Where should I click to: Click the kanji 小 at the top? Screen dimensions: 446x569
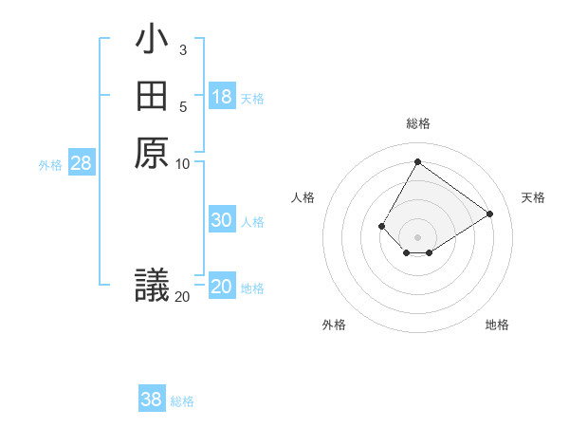click(x=152, y=41)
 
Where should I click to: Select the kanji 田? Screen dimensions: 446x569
click(x=152, y=97)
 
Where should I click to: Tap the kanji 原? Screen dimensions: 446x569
click(x=152, y=153)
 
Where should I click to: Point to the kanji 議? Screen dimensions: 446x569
click(x=152, y=285)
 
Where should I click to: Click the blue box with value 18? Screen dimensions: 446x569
click(x=222, y=97)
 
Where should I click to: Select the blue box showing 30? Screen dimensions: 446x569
click(x=222, y=220)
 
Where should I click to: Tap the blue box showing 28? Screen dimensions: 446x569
click(x=82, y=163)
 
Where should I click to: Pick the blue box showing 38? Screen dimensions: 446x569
click(x=152, y=400)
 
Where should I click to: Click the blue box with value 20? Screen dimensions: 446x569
click(x=222, y=287)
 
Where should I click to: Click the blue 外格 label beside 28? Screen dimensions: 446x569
click(x=50, y=164)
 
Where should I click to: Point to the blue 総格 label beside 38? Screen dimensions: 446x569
click(x=182, y=401)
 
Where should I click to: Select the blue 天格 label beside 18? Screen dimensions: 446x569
click(x=252, y=99)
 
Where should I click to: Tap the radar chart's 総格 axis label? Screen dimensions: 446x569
click(x=417, y=123)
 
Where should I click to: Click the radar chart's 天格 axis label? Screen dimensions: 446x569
click(x=534, y=197)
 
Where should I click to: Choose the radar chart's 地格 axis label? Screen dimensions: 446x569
click(x=497, y=325)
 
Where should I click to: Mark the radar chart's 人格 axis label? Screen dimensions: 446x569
click(x=303, y=197)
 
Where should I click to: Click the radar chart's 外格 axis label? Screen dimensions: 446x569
click(x=334, y=325)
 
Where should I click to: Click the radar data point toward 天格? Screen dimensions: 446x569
click(x=489, y=214)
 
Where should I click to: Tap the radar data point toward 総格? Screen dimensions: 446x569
click(x=417, y=161)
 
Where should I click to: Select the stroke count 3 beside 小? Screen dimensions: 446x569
click(x=182, y=49)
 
